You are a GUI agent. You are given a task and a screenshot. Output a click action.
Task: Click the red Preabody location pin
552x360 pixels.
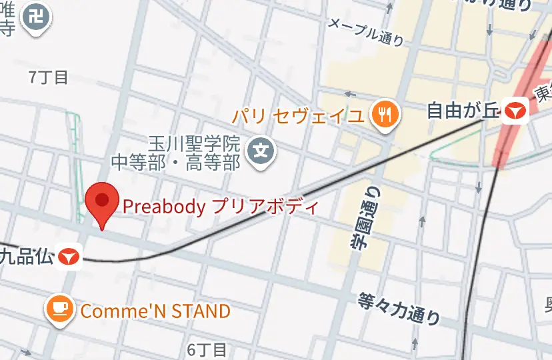[102, 202]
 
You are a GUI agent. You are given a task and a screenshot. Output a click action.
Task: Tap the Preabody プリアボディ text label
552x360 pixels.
[221, 207]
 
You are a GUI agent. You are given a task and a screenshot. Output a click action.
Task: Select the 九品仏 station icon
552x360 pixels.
[69, 256]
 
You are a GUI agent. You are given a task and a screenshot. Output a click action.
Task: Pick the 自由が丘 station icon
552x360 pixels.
[516, 110]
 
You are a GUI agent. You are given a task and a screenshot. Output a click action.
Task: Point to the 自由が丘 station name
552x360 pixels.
[463, 110]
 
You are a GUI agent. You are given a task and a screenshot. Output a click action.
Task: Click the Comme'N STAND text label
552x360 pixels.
[155, 311]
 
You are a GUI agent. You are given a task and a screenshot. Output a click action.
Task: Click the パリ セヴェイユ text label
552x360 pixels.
[298, 116]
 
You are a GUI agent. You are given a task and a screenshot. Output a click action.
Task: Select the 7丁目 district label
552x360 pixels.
[48, 77]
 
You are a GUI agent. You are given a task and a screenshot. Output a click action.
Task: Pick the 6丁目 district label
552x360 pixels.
[207, 349]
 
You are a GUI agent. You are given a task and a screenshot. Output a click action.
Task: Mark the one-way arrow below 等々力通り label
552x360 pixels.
[415, 343]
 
